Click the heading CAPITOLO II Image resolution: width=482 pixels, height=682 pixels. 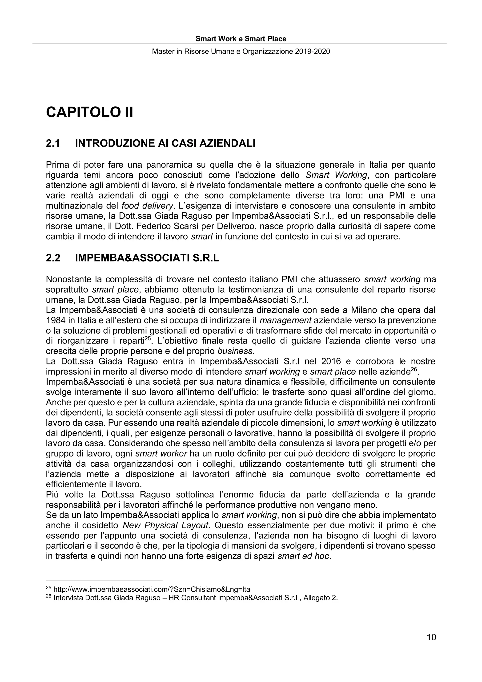click(89, 113)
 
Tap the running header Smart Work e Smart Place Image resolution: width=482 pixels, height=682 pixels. click(241, 39)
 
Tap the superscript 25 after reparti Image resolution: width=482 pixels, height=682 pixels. click(148, 338)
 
